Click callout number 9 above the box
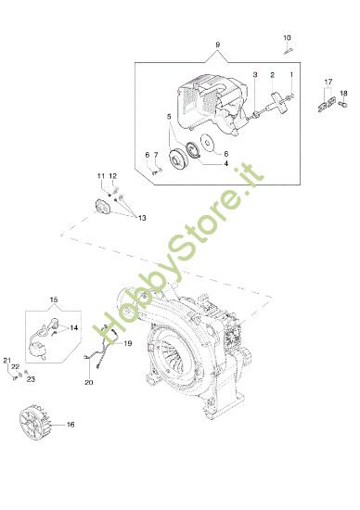tap(217, 45)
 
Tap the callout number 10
tap(288, 36)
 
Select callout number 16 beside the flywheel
tap(71, 424)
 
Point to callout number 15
tap(53, 300)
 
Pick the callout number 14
tap(74, 328)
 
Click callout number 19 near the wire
tap(129, 344)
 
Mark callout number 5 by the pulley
tap(169, 117)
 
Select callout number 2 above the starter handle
tap(272, 74)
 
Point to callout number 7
tap(156, 154)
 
